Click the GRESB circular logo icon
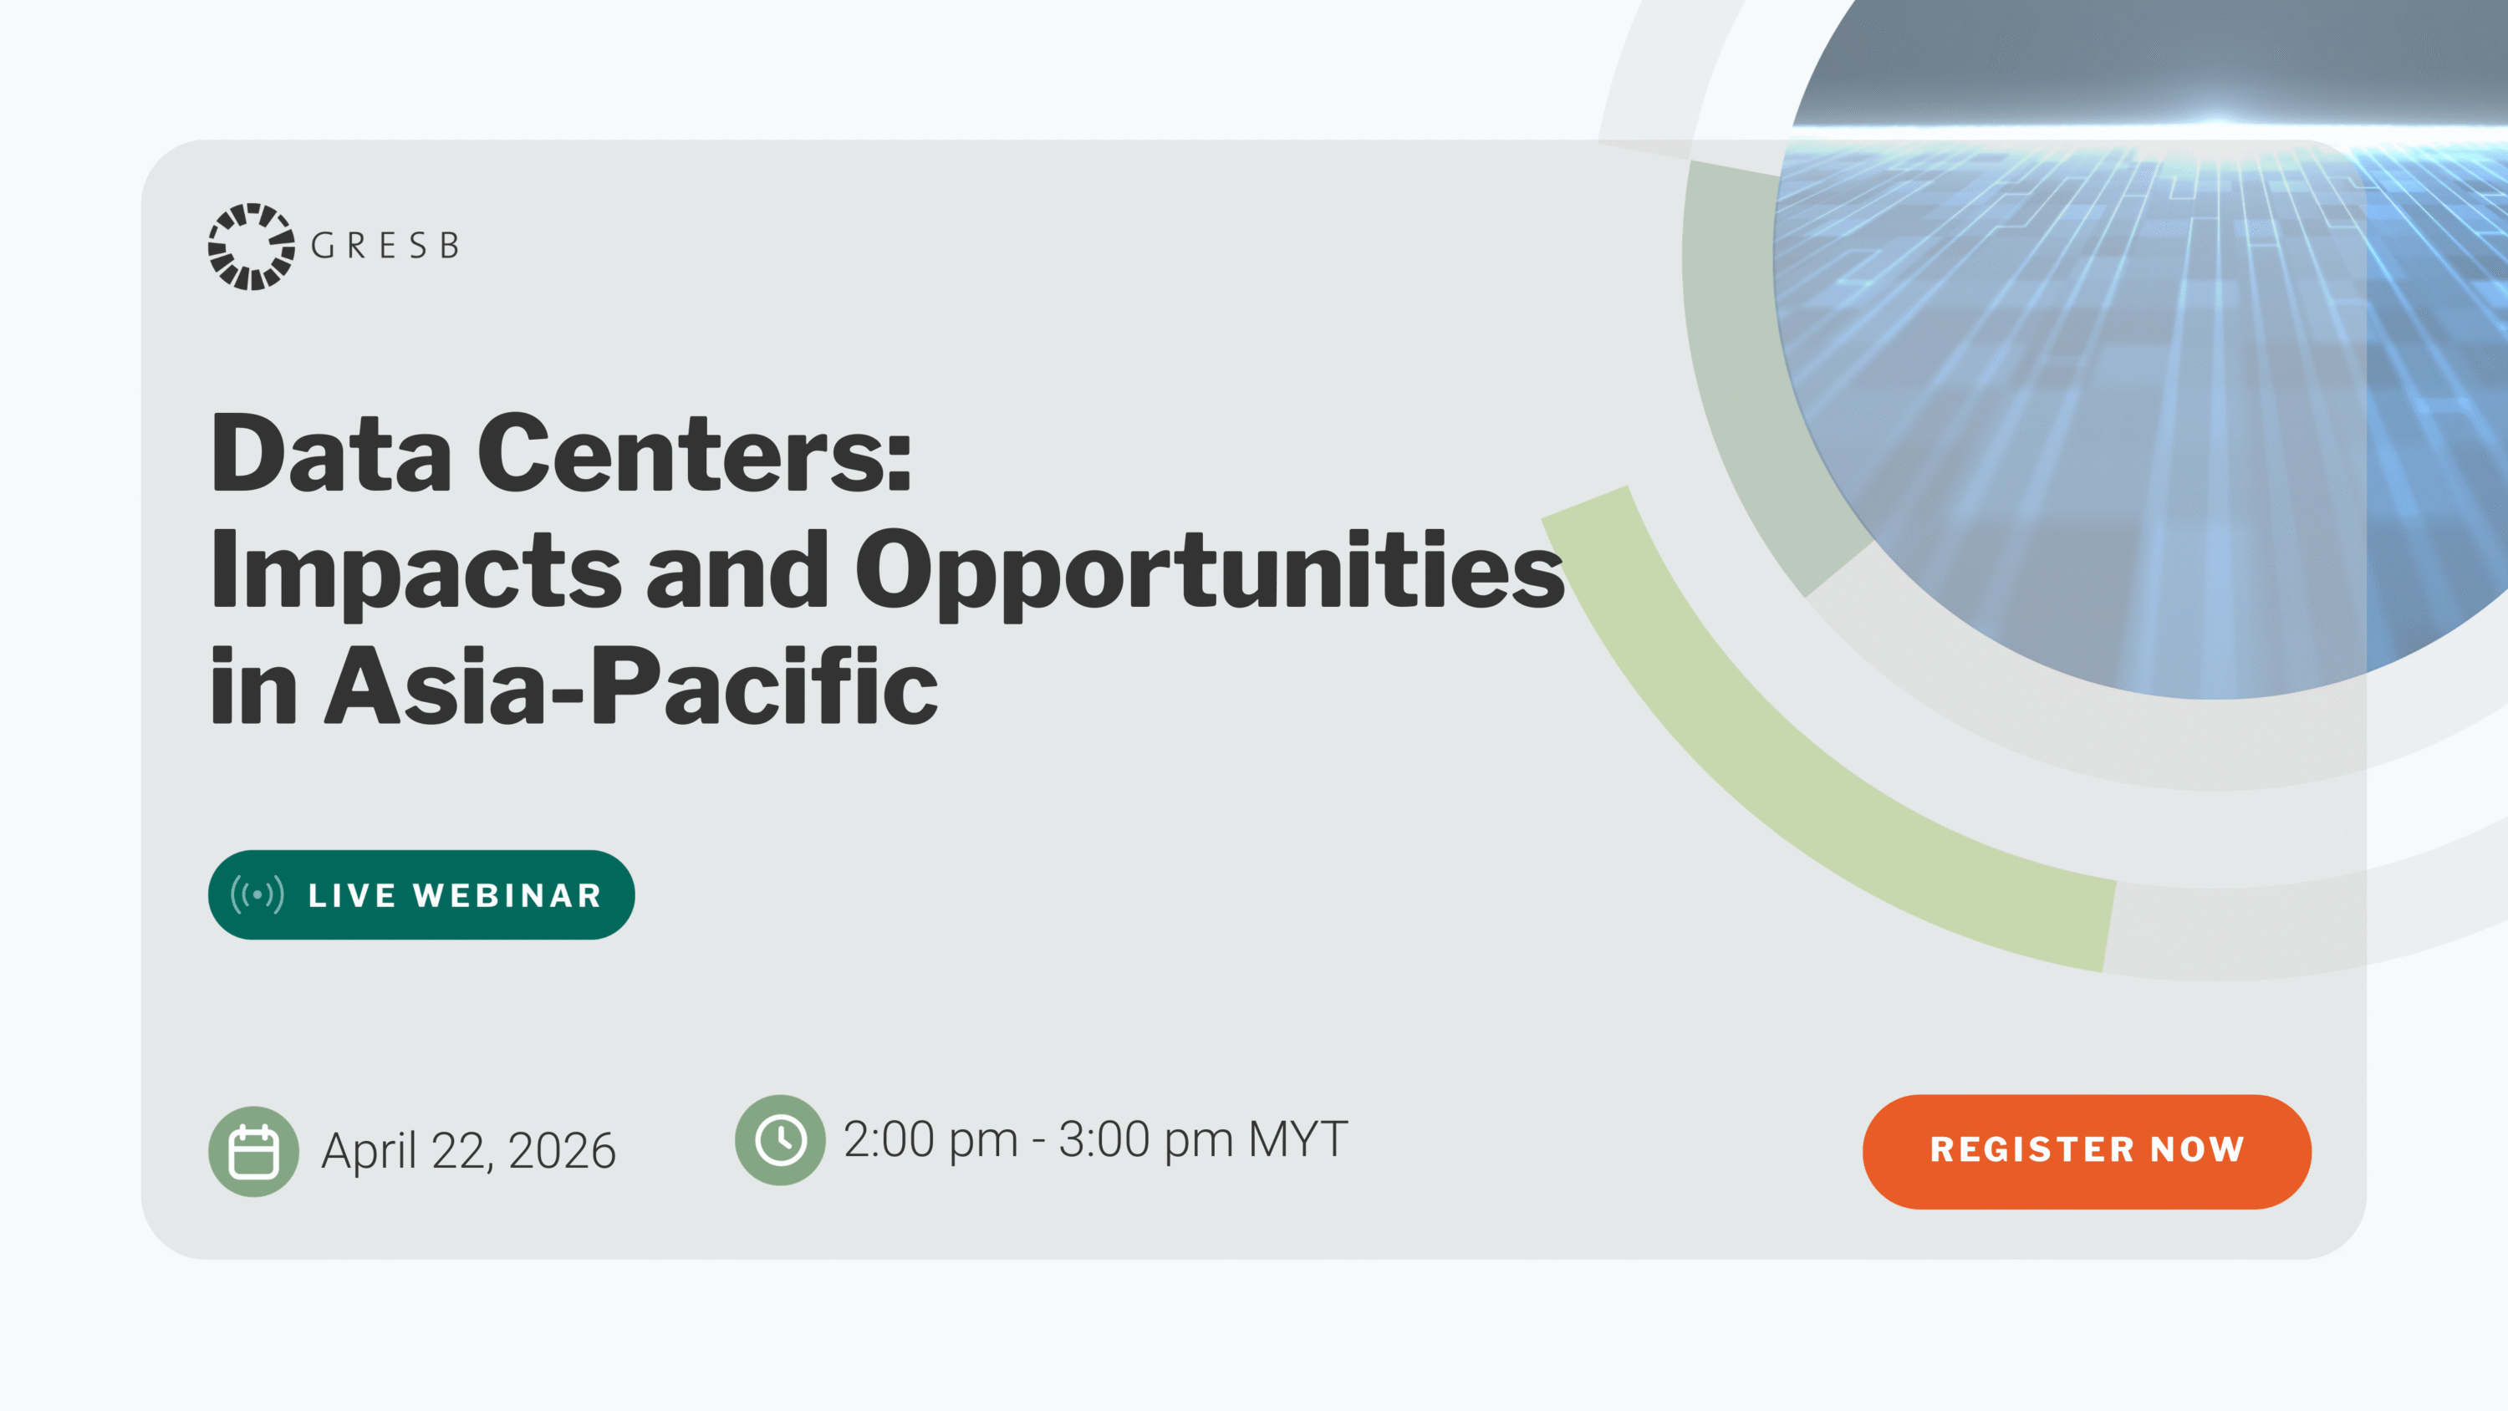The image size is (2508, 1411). (251, 247)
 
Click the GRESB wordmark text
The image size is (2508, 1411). (385, 247)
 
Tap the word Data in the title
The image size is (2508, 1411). (331, 453)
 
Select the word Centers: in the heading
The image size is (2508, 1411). (694, 453)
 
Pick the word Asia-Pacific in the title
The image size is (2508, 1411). (631, 686)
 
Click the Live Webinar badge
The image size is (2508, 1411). (421, 895)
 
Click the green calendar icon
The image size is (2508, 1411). (253, 1151)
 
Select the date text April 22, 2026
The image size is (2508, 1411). (468, 1152)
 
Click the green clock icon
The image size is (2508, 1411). (780, 1140)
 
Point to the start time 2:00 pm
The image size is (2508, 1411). (930, 1140)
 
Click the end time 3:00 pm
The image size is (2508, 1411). (1146, 1140)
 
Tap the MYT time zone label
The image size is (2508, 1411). (1299, 1139)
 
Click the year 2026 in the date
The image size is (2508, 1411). (562, 1151)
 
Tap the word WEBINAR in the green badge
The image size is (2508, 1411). (507, 896)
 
